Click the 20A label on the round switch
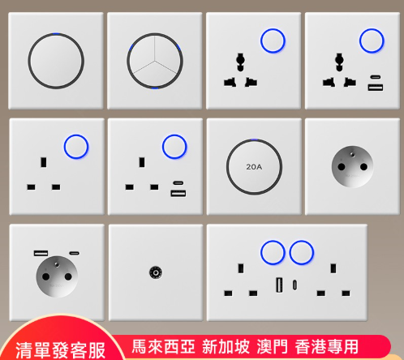click(x=254, y=167)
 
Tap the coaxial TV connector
click(x=156, y=272)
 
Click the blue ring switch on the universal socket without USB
click(x=273, y=41)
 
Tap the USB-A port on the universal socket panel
click(x=376, y=88)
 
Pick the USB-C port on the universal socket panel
click(x=376, y=77)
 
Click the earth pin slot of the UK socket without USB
click(x=43, y=162)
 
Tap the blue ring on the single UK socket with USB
click(x=174, y=147)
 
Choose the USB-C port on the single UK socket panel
click(x=178, y=183)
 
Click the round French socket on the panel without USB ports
click(x=352, y=167)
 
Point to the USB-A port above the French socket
click(x=41, y=253)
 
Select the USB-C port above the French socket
click(x=75, y=253)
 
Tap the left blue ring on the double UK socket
click(x=273, y=253)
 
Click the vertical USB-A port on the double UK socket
click(x=279, y=285)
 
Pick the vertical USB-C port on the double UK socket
click(x=294, y=285)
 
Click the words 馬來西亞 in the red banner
click(x=163, y=346)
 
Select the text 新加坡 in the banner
click(x=226, y=346)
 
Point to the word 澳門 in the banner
click(x=273, y=346)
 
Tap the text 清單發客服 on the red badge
click(x=60, y=350)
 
